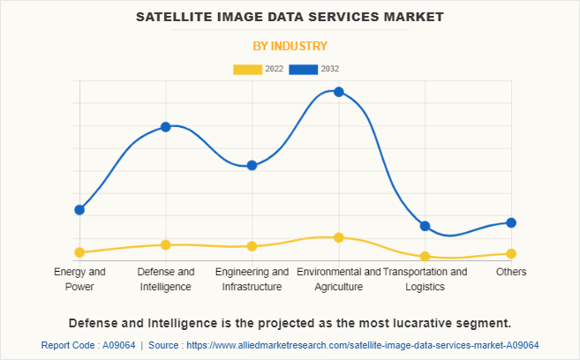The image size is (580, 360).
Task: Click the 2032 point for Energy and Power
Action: pos(79,210)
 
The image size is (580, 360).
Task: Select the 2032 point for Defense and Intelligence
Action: pos(165,127)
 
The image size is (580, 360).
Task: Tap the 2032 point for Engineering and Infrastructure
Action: pos(252,165)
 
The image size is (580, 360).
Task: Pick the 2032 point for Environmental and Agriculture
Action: pos(338,92)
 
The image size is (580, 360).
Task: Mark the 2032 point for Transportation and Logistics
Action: pos(425,226)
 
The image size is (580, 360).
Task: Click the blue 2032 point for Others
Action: pos(511,222)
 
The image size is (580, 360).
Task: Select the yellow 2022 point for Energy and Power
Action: pos(79,252)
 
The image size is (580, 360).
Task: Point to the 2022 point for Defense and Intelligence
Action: pos(165,244)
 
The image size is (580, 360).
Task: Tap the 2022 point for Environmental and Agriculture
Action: pos(338,237)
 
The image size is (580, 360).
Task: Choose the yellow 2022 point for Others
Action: pos(511,254)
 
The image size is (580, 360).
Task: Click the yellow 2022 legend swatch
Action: pos(247,69)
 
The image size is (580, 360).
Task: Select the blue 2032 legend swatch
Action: pos(305,69)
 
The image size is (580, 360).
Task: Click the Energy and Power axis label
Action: pos(79,279)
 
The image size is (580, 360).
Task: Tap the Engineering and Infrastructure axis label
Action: pos(252,279)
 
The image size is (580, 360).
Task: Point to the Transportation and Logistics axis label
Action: pos(425,279)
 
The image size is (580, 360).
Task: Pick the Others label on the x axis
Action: pos(511,272)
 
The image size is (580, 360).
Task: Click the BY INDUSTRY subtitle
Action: pos(290,46)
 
